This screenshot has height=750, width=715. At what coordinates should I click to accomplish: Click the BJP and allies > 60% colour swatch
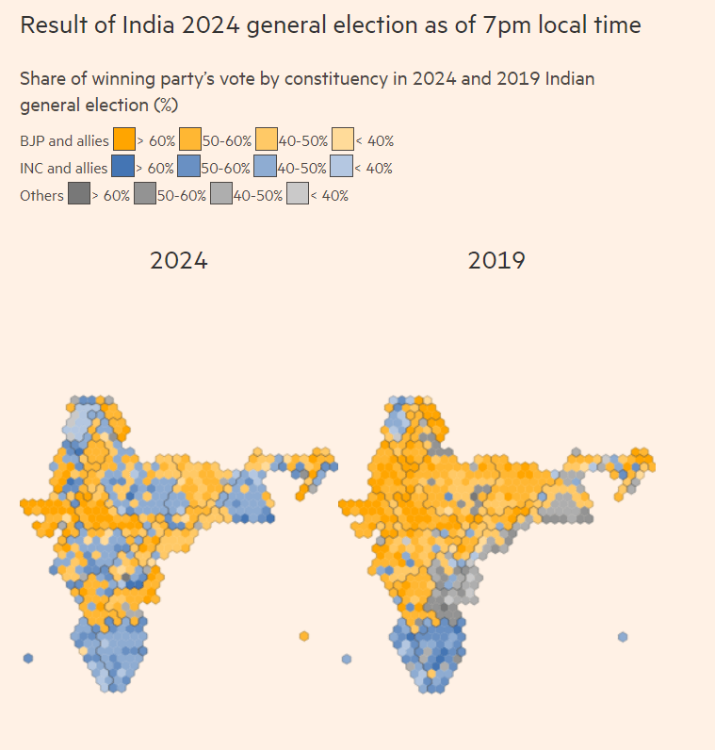(x=124, y=140)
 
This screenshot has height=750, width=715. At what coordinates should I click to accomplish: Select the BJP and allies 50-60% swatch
(x=190, y=140)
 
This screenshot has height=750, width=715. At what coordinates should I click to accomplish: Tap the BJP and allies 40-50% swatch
(x=267, y=140)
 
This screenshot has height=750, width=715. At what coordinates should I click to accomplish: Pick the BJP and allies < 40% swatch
(x=343, y=140)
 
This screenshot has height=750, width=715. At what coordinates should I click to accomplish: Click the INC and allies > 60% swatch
(x=123, y=168)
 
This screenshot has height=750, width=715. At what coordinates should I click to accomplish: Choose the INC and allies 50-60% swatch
(x=189, y=168)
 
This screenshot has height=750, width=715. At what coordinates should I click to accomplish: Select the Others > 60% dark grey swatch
(x=79, y=195)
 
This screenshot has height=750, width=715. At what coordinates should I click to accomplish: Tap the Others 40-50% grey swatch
(x=221, y=195)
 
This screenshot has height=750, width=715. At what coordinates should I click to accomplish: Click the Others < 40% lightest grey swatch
(x=298, y=195)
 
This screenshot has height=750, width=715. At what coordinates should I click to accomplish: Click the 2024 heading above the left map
(x=178, y=261)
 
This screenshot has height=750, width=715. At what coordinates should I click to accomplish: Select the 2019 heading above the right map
(x=496, y=261)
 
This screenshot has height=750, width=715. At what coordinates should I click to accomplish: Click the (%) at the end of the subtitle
(x=163, y=104)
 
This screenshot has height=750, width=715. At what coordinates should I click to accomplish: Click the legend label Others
(x=41, y=196)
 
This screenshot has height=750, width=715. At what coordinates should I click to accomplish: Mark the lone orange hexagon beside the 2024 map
(x=304, y=636)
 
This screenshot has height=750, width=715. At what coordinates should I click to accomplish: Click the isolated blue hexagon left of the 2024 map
(x=28, y=658)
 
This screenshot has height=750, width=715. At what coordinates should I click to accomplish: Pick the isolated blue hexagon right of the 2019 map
(x=623, y=637)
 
